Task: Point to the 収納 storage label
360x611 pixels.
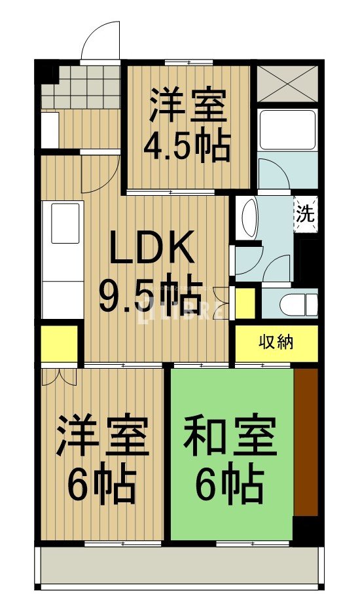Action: [276, 342]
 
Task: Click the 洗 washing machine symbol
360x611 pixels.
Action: [305, 214]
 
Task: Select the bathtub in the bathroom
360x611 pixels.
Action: [287, 130]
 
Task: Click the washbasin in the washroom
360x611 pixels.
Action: [249, 218]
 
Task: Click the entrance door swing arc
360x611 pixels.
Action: [101, 40]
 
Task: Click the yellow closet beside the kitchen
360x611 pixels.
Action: [60, 343]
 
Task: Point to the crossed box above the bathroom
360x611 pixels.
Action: [287, 83]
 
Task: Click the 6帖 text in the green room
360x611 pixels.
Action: [230, 485]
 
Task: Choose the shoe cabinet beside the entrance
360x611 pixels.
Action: [50, 130]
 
